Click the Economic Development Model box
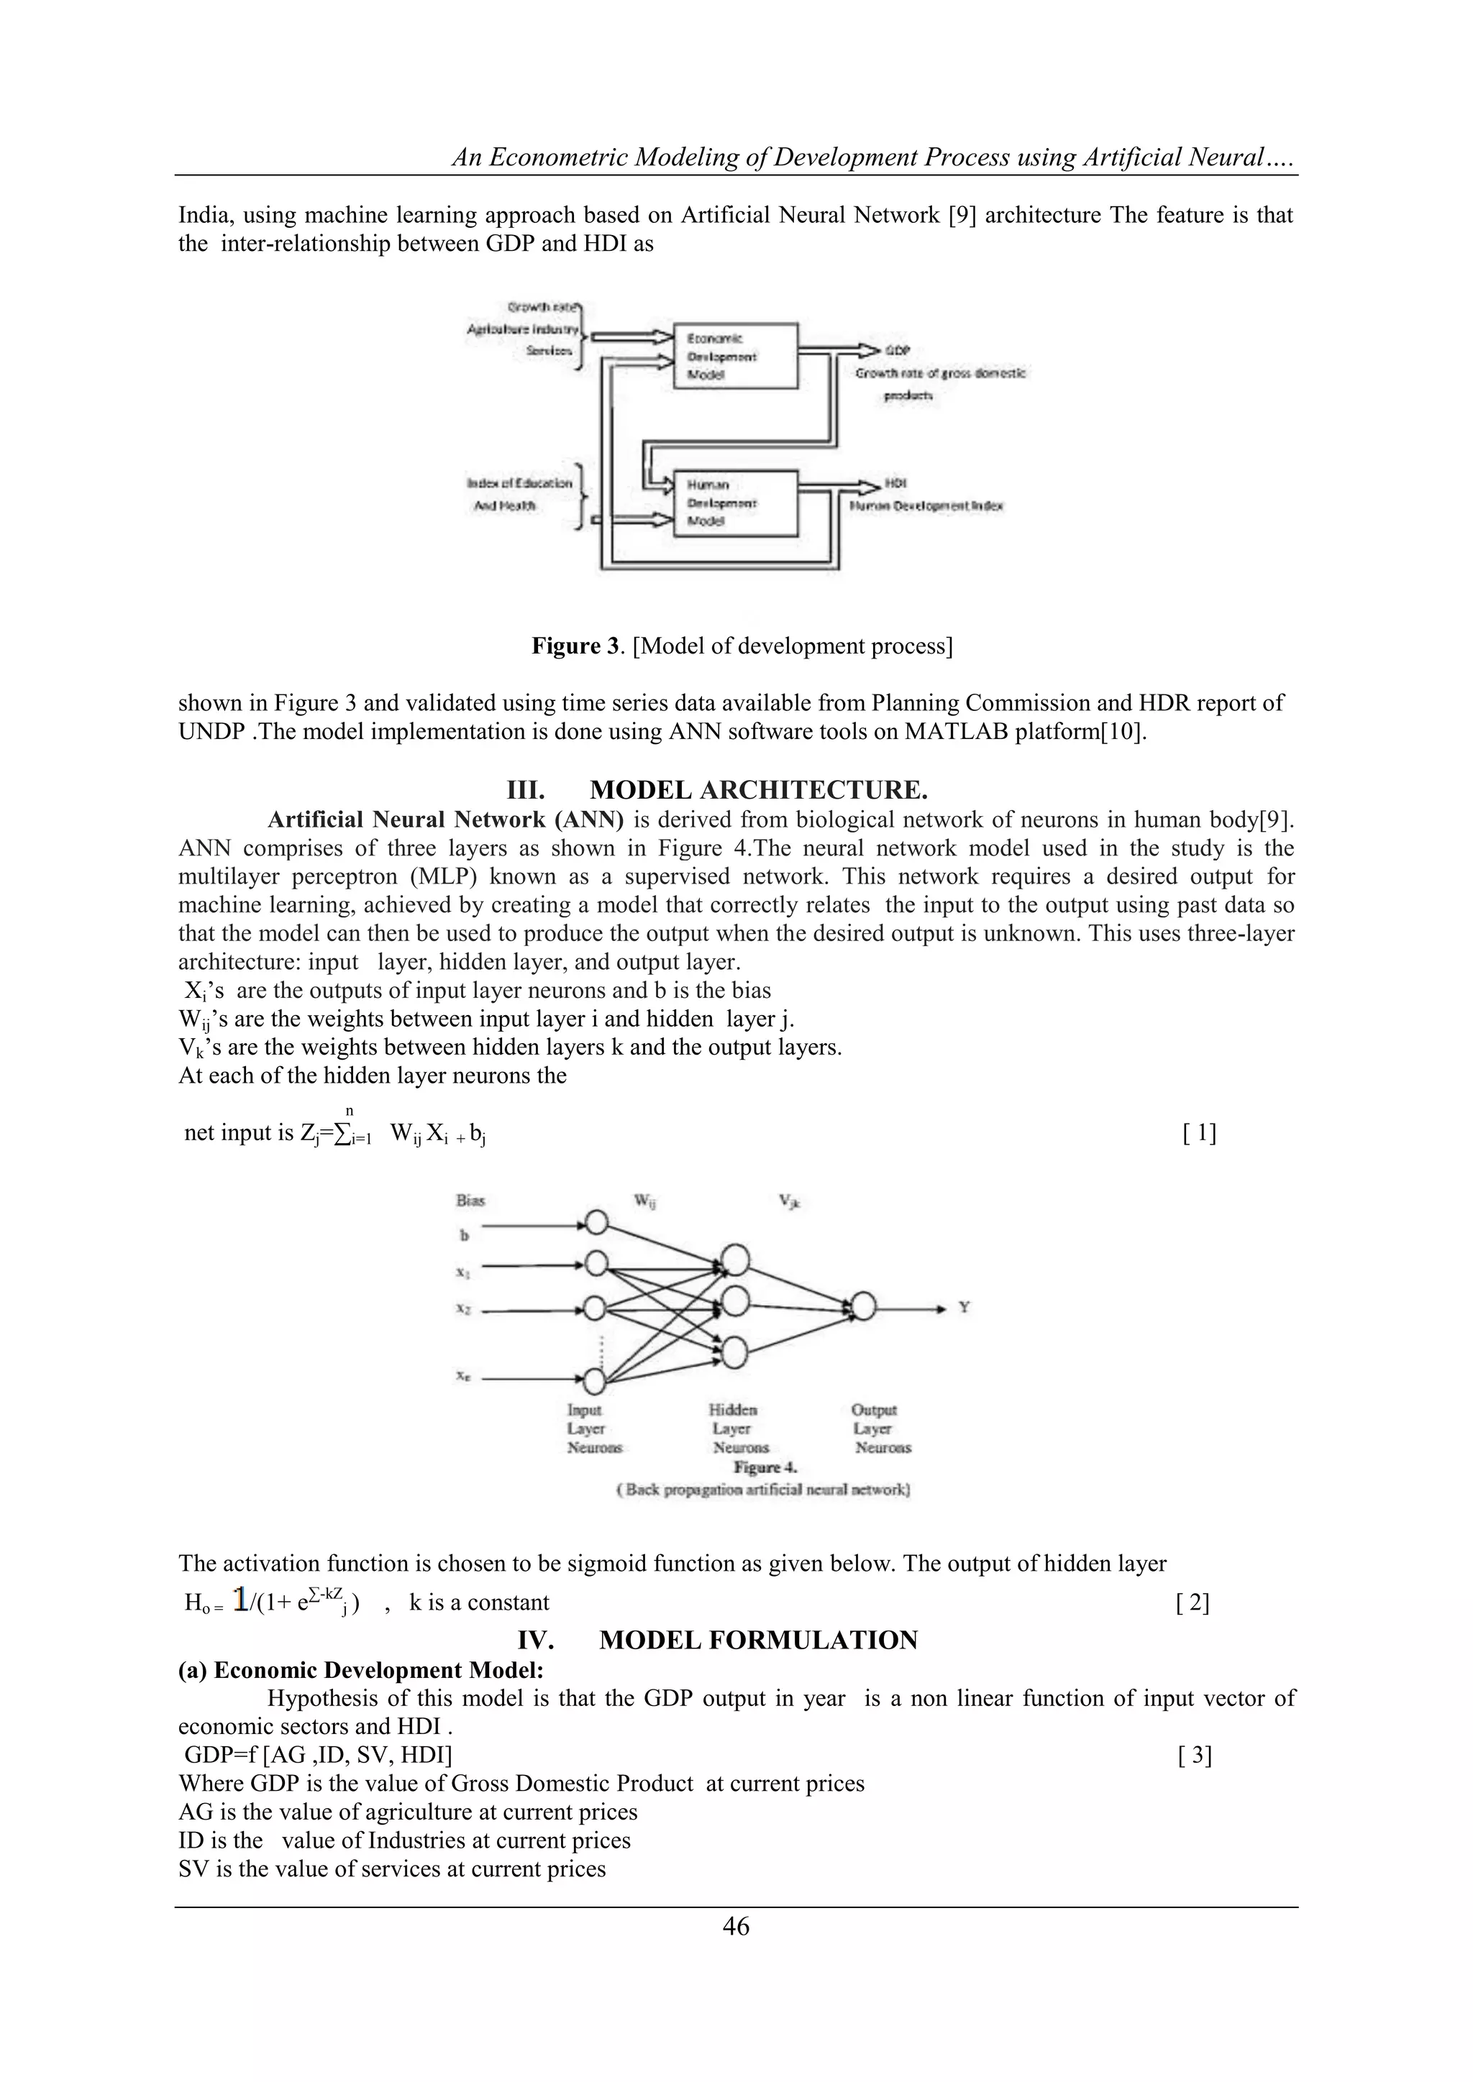(734, 355)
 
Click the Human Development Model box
(734, 503)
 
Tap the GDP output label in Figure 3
(897, 351)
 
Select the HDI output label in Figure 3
(896, 483)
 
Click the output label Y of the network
(964, 1308)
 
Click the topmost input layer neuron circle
(596, 1224)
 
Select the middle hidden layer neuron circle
(734, 1303)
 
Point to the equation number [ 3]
(1195, 1756)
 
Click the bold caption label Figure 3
(578, 646)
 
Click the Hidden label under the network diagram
(733, 1410)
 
